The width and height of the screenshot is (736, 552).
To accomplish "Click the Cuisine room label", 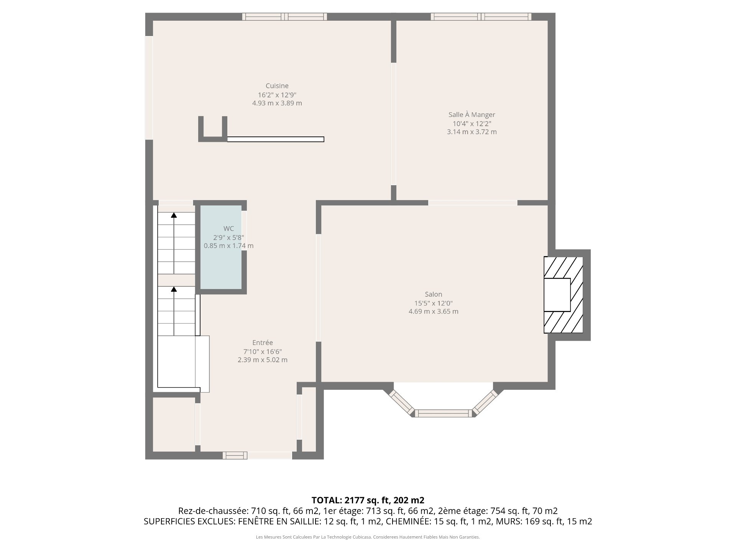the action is [x=277, y=86].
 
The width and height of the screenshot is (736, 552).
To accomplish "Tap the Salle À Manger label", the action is [x=472, y=115].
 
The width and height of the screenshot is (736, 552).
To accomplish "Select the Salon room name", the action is [x=433, y=294].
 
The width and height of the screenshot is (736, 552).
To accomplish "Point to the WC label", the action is [x=228, y=229].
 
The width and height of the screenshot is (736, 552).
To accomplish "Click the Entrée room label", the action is [x=263, y=343].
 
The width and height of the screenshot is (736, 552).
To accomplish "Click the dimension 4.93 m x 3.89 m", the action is [x=277, y=103].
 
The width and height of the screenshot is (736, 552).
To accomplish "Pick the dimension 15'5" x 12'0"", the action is [x=433, y=303].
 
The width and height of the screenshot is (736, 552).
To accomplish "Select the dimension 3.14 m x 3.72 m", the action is [x=472, y=132].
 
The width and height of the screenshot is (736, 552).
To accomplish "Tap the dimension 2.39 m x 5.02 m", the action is [x=263, y=360].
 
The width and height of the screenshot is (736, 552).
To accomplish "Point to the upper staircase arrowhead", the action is [x=174, y=215].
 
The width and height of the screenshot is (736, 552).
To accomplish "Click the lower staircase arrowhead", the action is [x=174, y=289].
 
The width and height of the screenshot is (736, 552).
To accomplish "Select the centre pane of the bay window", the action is [x=444, y=413].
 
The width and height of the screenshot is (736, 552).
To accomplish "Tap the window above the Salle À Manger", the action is [x=481, y=16].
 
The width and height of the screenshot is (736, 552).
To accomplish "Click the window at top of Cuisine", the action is [x=284, y=16].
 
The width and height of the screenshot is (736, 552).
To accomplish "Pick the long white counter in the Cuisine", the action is [x=276, y=139].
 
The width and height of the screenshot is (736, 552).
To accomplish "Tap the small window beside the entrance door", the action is [x=235, y=455].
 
